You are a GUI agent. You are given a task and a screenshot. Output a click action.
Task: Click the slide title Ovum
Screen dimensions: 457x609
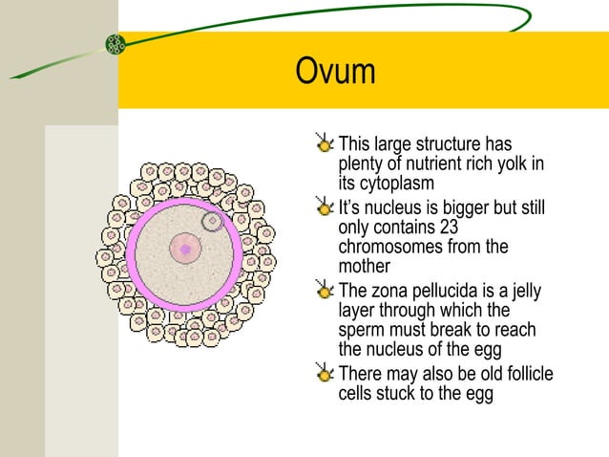tap(336, 72)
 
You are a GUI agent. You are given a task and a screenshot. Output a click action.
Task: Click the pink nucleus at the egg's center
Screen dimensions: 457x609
tap(185, 250)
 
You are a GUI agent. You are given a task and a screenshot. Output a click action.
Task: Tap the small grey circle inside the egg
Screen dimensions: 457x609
tap(213, 222)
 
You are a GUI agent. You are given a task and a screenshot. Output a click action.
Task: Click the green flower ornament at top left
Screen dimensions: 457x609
tap(115, 43)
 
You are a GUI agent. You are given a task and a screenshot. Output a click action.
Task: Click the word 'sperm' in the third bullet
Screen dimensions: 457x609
tap(364, 329)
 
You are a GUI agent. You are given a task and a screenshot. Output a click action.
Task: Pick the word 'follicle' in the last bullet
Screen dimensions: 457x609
tap(520, 373)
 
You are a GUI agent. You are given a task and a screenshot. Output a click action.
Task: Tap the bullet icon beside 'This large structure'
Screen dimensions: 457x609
tap(325, 146)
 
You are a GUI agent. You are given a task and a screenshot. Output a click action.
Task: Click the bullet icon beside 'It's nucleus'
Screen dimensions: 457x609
tap(325, 208)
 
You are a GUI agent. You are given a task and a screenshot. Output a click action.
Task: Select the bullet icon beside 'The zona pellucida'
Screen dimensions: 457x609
tap(325, 291)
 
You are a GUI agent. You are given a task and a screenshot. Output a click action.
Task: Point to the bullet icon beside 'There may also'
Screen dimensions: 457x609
tap(325, 374)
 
